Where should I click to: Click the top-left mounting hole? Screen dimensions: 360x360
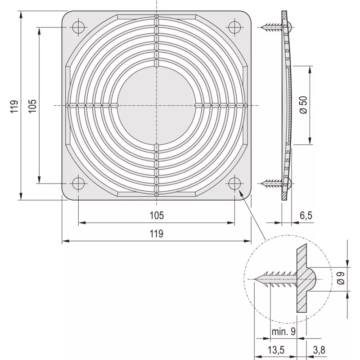pos(78,27)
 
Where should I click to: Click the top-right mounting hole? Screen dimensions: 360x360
pos(234,27)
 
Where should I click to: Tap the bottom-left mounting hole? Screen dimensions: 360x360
pos(78,184)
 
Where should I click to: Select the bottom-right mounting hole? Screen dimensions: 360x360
pos(234,184)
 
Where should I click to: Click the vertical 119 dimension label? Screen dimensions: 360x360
pos(14,106)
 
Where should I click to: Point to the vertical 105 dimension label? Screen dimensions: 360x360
pos(32,106)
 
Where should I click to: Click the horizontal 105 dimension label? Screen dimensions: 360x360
pos(157,216)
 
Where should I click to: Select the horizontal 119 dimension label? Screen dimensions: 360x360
pos(157,234)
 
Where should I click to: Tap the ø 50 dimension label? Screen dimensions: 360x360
pos(303,105)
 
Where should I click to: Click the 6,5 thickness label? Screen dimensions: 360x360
pos(306,216)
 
